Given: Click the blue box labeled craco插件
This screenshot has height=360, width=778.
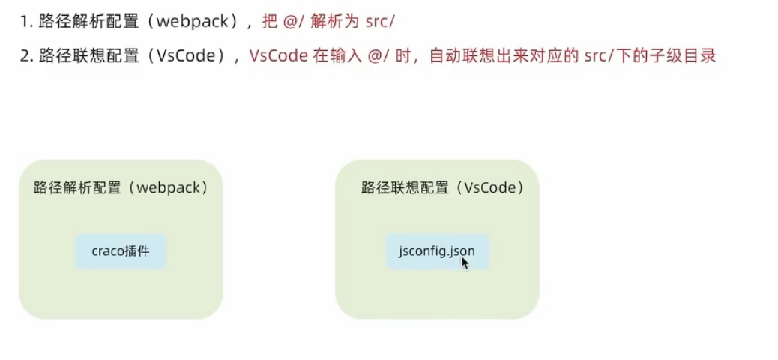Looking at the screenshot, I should coord(121,251).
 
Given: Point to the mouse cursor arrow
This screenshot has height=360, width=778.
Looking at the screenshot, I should coord(464,262).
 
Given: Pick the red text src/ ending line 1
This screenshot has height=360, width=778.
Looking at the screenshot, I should coord(379,22).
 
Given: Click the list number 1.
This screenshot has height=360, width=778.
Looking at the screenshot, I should coord(23,22).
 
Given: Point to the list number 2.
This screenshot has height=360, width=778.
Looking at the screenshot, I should coord(24,56).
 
